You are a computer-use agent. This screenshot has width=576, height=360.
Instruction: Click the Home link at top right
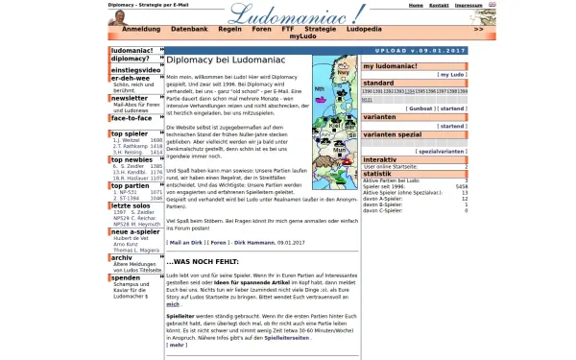pyautogui.click(x=416, y=5)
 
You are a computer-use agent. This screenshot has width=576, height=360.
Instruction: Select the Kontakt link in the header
pyautogui.click(x=439, y=5)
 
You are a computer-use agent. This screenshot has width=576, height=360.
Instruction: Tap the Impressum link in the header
pyautogui.click(x=468, y=5)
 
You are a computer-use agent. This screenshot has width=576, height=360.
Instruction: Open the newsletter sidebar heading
pyautogui.click(x=130, y=98)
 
